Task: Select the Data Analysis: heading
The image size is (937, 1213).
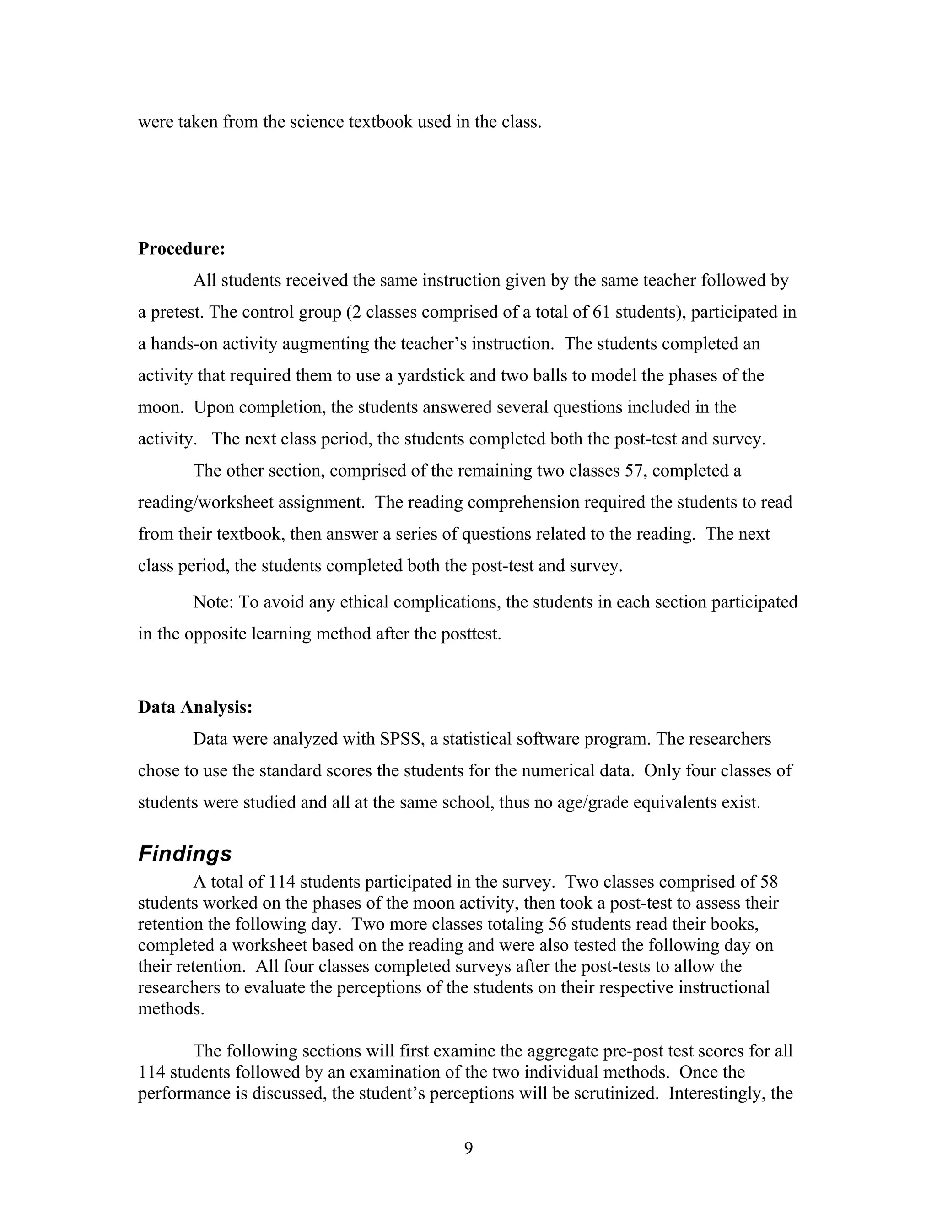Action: click(195, 707)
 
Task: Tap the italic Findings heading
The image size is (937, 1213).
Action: click(185, 853)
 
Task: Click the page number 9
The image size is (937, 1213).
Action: click(468, 1148)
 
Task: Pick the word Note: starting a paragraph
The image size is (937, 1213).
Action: click(213, 602)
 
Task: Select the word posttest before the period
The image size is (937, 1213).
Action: click(469, 634)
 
